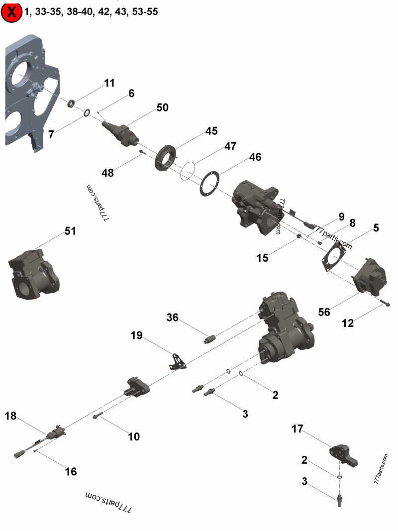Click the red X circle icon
[11, 12]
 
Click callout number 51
[70, 231]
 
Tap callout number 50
[162, 107]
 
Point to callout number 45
[211, 131]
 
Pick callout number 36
[172, 317]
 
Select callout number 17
[297, 428]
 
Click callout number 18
[11, 416]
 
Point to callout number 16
[71, 471]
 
